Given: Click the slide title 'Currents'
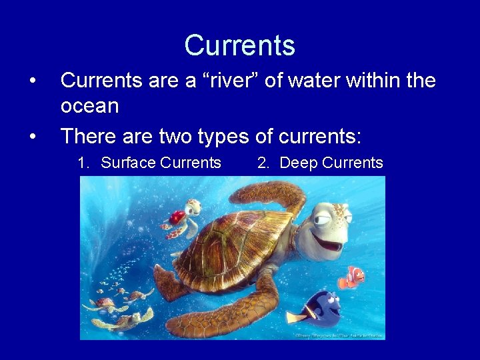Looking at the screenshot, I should point(239,45).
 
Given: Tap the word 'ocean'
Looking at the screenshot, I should point(89,105).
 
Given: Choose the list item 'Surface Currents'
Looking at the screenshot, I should point(149,163).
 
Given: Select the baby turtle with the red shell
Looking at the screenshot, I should point(178,217).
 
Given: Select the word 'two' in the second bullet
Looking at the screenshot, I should point(175,137).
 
